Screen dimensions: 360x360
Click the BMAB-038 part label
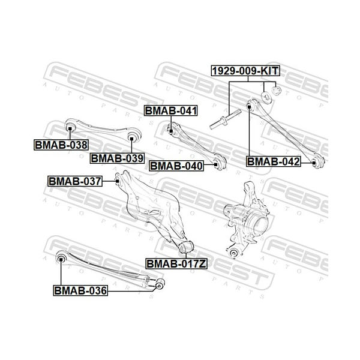(x=61, y=145)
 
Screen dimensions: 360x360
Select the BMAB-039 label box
(x=117, y=158)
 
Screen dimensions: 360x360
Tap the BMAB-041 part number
(x=171, y=110)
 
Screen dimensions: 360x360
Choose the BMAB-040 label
(x=176, y=166)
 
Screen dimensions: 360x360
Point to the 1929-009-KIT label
(x=245, y=71)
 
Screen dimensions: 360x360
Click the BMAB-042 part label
(x=273, y=161)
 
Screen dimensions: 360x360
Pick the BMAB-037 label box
(x=75, y=181)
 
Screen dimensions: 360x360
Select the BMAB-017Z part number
(x=176, y=264)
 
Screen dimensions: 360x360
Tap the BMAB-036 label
(x=80, y=290)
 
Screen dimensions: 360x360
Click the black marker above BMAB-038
(x=70, y=128)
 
